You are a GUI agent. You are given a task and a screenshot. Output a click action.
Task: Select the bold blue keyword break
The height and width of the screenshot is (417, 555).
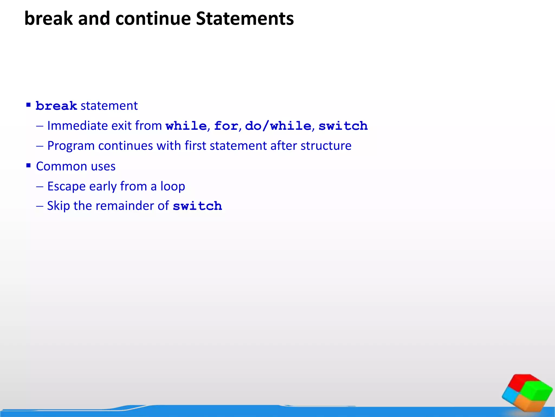coord(56,106)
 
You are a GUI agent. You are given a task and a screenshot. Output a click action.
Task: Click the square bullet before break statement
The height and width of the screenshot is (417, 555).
coord(28,105)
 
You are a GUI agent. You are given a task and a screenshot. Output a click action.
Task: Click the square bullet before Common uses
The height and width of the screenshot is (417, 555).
coord(28,165)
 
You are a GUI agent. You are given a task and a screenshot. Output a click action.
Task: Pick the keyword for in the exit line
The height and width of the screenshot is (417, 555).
coord(226,126)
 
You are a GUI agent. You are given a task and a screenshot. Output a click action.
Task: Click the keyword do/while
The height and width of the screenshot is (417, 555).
coord(278,126)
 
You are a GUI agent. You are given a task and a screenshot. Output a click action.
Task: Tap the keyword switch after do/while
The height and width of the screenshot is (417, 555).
coord(343,126)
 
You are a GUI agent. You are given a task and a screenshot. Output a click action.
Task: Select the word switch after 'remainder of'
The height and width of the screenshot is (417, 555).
coord(197,206)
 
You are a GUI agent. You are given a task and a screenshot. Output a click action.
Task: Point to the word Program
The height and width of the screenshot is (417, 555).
coord(71,146)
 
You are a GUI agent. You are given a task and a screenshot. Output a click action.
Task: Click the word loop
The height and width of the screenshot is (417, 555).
coord(173,186)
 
